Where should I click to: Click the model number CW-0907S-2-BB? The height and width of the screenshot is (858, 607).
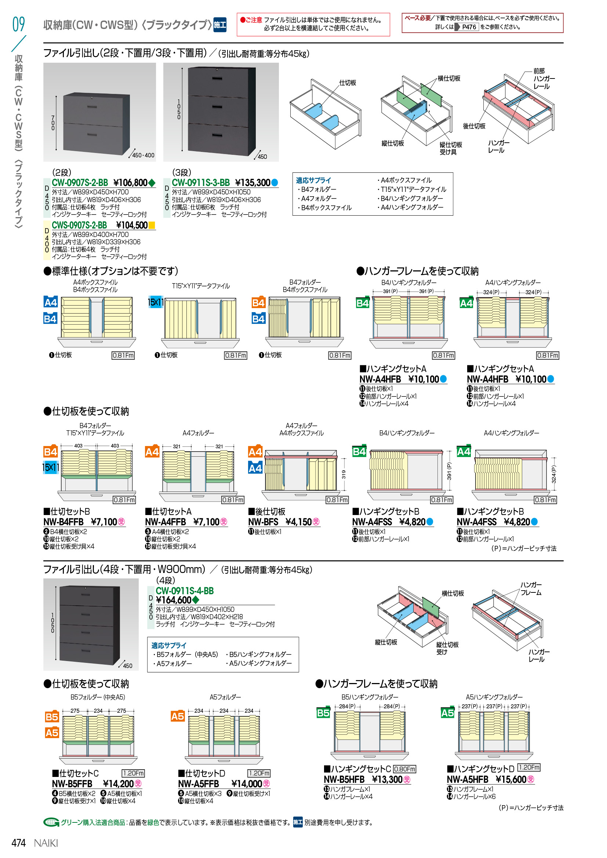click(x=80, y=183)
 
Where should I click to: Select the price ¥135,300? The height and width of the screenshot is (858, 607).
click(x=252, y=183)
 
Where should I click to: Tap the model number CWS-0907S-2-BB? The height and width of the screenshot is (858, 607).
click(x=79, y=225)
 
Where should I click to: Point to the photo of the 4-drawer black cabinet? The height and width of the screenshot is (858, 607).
click(x=91, y=624)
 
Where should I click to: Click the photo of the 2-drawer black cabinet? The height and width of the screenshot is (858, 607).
click(x=99, y=112)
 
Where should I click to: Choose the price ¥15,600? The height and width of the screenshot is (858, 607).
click(x=511, y=779)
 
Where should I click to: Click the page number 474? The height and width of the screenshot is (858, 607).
click(x=19, y=843)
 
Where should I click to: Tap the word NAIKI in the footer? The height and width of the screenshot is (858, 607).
click(x=46, y=843)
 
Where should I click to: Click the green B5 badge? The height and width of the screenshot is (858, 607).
click(x=323, y=713)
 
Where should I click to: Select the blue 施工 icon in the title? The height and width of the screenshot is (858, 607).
click(x=220, y=25)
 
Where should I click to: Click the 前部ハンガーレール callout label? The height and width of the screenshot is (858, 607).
click(x=544, y=79)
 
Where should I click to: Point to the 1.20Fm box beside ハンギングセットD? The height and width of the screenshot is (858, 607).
click(x=529, y=767)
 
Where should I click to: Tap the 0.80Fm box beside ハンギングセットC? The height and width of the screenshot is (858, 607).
click(x=404, y=769)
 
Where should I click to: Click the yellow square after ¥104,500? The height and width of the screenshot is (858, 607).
click(x=152, y=225)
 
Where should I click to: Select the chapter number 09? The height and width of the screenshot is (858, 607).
click(x=19, y=24)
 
